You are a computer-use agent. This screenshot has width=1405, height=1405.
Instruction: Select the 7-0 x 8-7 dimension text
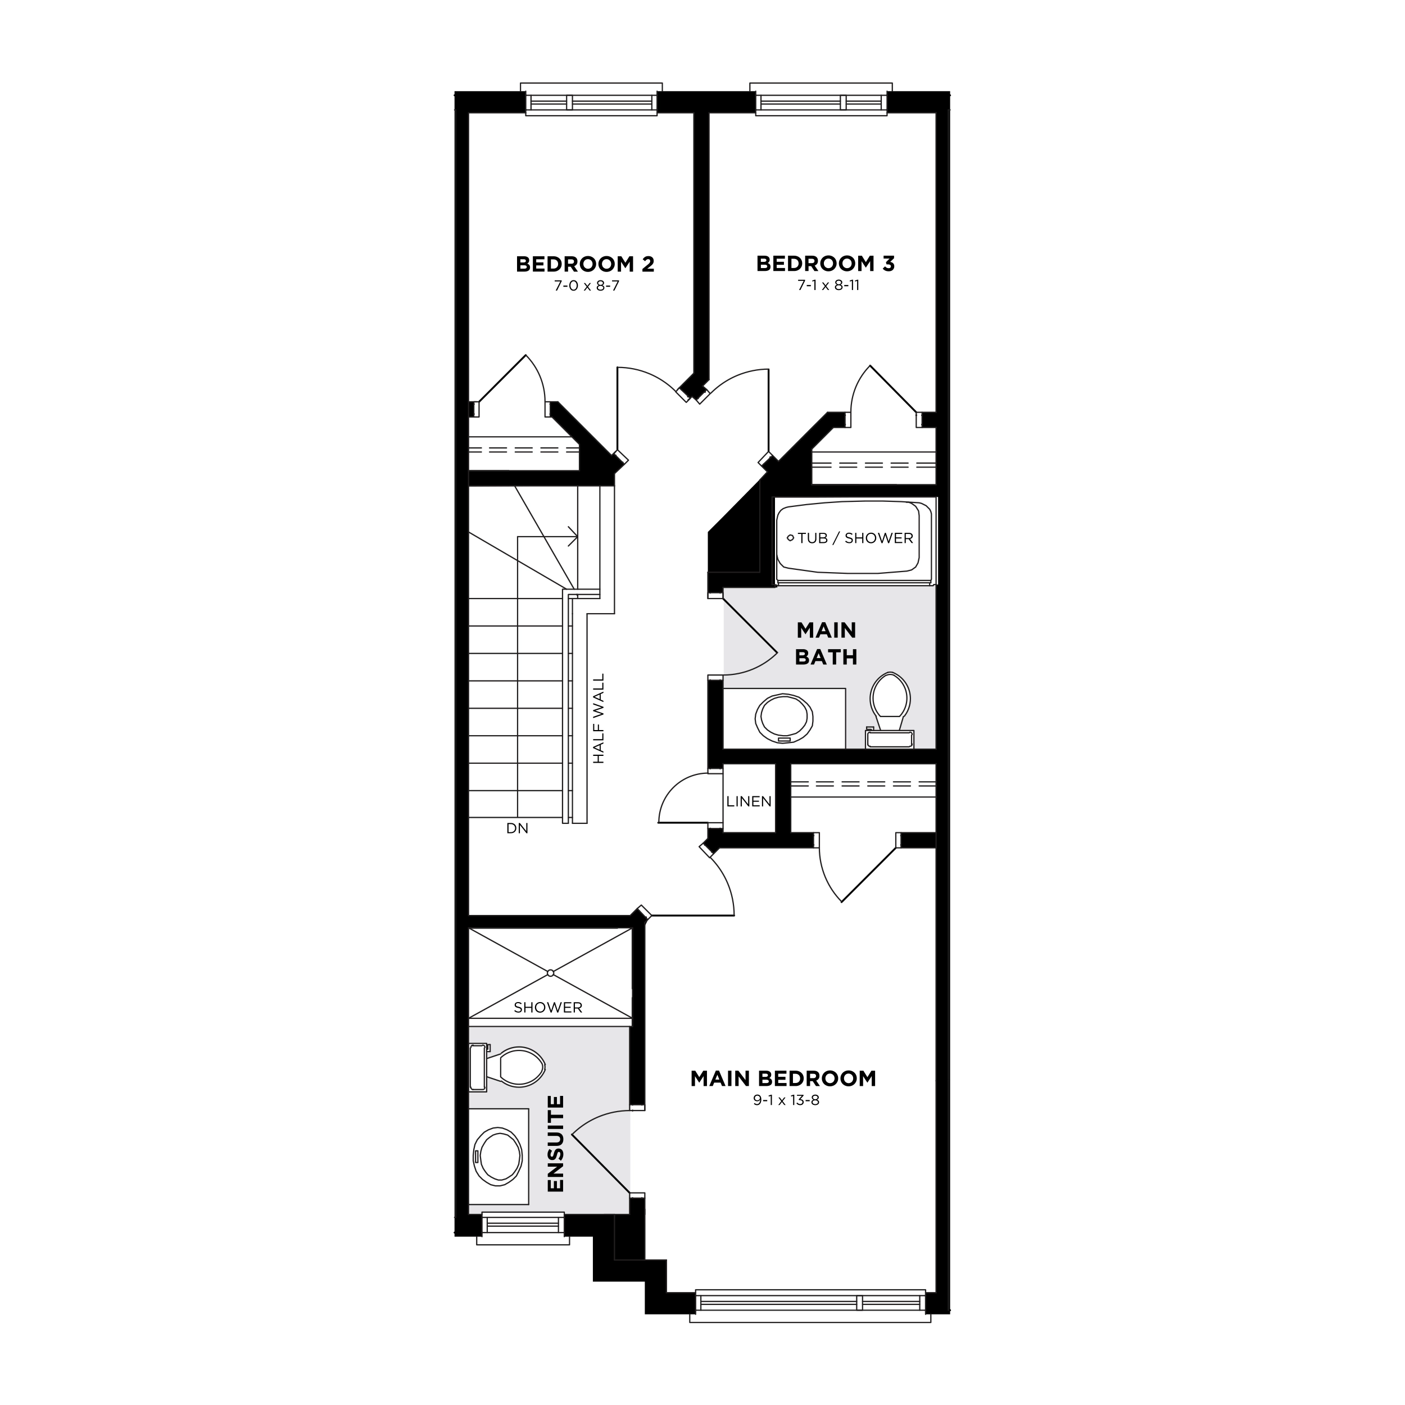tap(586, 286)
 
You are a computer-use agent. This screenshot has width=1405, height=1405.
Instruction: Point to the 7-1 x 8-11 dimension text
tap(828, 285)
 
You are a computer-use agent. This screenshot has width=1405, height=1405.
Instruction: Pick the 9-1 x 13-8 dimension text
tap(786, 1100)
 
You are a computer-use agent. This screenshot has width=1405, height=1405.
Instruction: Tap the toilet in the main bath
tap(890, 705)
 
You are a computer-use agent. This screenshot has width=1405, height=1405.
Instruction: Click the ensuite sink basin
tap(498, 1155)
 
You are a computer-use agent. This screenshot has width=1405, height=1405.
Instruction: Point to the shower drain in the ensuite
tap(551, 973)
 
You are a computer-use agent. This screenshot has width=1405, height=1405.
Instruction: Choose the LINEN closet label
tap(749, 801)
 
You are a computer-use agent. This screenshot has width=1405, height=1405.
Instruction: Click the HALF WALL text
tap(599, 718)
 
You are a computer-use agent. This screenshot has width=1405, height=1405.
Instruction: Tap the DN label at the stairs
tap(517, 828)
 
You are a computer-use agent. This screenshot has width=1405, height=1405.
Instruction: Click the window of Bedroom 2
tap(591, 102)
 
